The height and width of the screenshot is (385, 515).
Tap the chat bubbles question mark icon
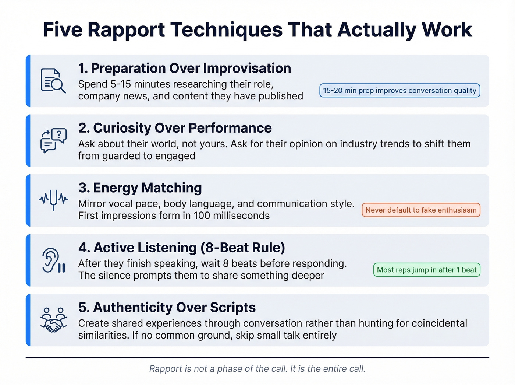coord(53,140)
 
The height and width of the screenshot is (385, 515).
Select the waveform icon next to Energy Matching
coord(54,200)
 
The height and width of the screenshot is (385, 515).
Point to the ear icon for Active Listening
coord(53,260)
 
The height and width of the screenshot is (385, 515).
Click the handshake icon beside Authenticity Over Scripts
coord(53,320)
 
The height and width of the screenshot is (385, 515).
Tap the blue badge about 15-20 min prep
coord(399,91)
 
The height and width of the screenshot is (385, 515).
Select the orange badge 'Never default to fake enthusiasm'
coord(421,210)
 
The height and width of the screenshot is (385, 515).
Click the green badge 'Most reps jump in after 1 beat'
coord(427,270)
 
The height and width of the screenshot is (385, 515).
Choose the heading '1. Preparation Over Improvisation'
coord(185,69)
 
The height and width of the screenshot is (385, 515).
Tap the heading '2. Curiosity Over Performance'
coord(175,128)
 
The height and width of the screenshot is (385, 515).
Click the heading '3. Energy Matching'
coord(140,188)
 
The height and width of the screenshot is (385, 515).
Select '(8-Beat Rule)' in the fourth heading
coord(243,248)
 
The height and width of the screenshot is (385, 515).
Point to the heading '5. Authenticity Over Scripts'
coord(167,307)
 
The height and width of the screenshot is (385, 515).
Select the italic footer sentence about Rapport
coord(257,369)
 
